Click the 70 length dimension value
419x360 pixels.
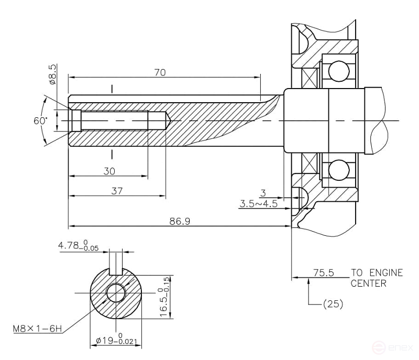coord(161,73)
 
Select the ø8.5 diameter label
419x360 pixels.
coord(52,74)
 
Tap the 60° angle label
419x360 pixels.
coord(40,120)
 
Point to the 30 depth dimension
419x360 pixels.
coord(109,171)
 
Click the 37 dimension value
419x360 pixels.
coord(117,191)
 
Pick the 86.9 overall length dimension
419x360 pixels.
coord(180,221)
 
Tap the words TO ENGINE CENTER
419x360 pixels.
coord(377,278)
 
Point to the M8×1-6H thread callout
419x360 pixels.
coord(37,329)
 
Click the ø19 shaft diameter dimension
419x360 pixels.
coord(116,342)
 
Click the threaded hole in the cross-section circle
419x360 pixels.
coord(116,293)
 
